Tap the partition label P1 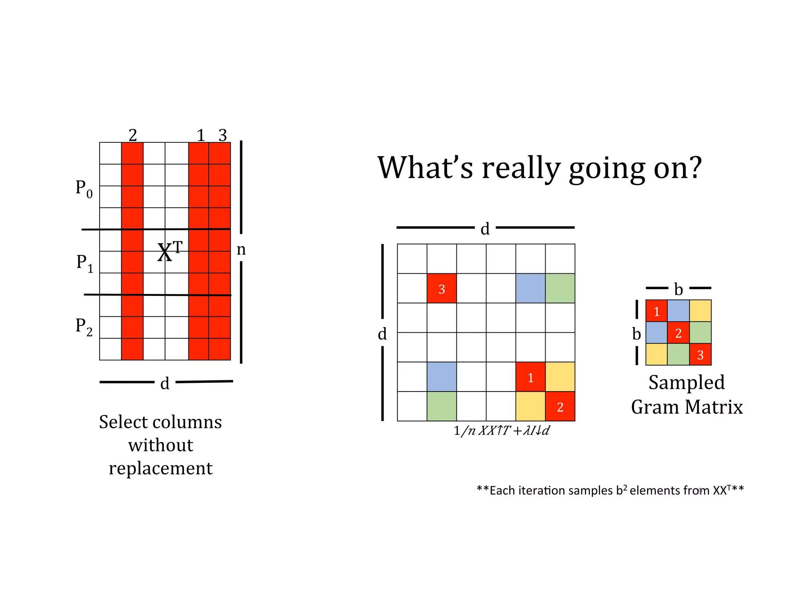pos(85,263)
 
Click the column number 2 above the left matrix pos(133,135)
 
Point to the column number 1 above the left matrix pos(200,135)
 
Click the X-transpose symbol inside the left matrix pos(169,251)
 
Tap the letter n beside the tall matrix pos(241,249)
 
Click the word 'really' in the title pos(521,168)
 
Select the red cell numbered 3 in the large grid pos(442,288)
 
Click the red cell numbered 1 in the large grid pos(530,377)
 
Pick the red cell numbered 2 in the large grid pos(560,407)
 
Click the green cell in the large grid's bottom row pos(442,407)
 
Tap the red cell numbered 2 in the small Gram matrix pos(678,333)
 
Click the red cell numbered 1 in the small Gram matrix pos(657,311)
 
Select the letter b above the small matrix pos(678,289)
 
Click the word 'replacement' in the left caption pos(161,468)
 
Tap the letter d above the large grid pos(485,229)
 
